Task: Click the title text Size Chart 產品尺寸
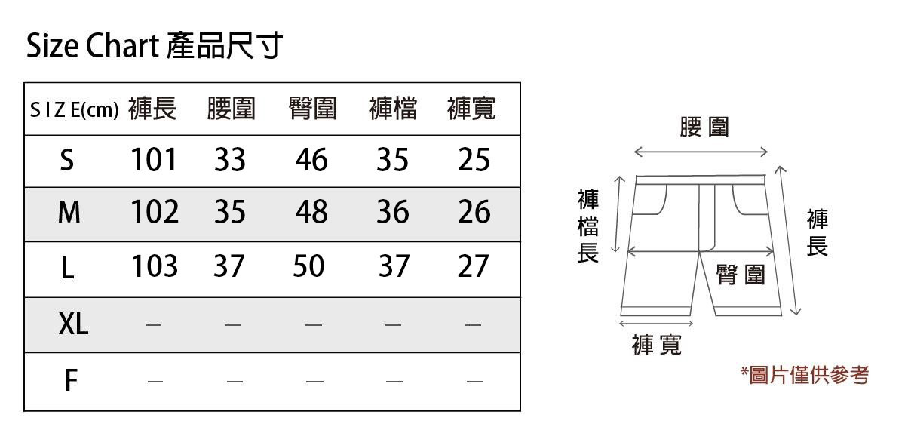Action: tap(155, 47)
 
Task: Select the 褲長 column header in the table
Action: tap(152, 109)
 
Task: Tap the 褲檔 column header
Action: tap(393, 109)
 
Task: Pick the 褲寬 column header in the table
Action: tap(471, 109)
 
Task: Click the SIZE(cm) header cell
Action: tap(74, 110)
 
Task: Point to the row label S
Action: tap(67, 160)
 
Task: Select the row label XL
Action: tap(73, 324)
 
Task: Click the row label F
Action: tap(70, 381)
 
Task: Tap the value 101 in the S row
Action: tap(154, 160)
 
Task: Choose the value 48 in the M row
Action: tap(311, 213)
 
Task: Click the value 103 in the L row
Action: tap(154, 266)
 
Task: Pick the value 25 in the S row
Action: tap(474, 160)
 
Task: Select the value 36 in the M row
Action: tap(393, 213)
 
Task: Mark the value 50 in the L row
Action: tap(308, 266)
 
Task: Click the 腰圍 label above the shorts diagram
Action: tap(704, 127)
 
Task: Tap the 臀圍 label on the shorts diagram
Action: tap(741, 275)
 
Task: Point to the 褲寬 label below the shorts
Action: tap(657, 345)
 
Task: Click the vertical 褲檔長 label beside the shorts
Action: tap(587, 226)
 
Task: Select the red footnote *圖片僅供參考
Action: tap(805, 375)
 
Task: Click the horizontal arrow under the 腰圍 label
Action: tap(701, 153)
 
